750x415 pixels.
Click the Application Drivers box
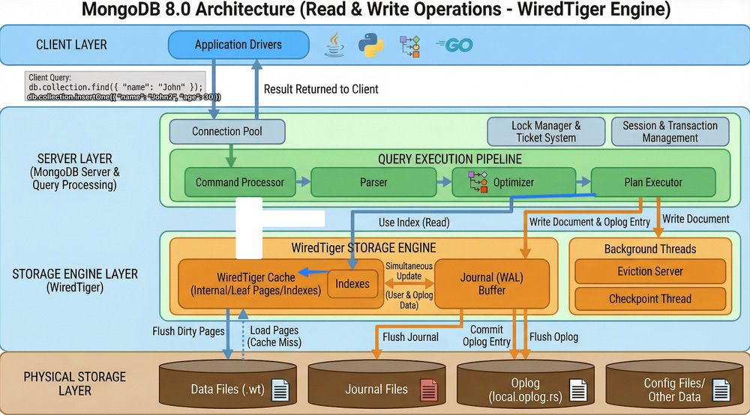238,45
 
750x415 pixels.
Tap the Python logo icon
370,46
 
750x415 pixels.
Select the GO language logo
455,46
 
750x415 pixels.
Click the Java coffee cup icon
334,45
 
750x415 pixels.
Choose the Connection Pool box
227,131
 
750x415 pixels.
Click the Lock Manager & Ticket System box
546,132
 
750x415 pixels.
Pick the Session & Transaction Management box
670,132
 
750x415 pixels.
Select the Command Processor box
240,182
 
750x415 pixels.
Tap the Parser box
373,182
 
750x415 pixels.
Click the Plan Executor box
653,182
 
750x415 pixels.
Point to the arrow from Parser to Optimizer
444,182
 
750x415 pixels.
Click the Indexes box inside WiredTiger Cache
352,284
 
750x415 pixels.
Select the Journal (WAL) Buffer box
492,284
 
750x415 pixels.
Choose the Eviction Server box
650,271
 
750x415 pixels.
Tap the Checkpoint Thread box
650,299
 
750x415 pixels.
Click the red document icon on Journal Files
428,390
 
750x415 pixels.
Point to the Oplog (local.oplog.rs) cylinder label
525,390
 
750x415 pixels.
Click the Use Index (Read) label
414,222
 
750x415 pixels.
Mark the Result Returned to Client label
321,89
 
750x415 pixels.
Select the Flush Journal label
410,337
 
